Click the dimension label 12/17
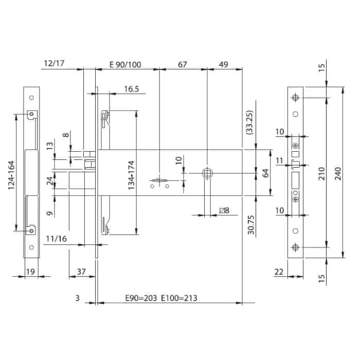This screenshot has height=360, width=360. pos(55,64)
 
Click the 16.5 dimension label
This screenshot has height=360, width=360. pos(132,89)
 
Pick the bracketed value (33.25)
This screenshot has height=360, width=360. pos(249,122)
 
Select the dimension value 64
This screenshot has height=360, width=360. pos(266,173)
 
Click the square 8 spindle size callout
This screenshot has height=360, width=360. pos(224,210)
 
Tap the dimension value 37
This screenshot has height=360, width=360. pos(81,271)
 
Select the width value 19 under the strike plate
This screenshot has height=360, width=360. pos(30,271)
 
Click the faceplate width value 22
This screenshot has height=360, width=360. pos(278,271)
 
